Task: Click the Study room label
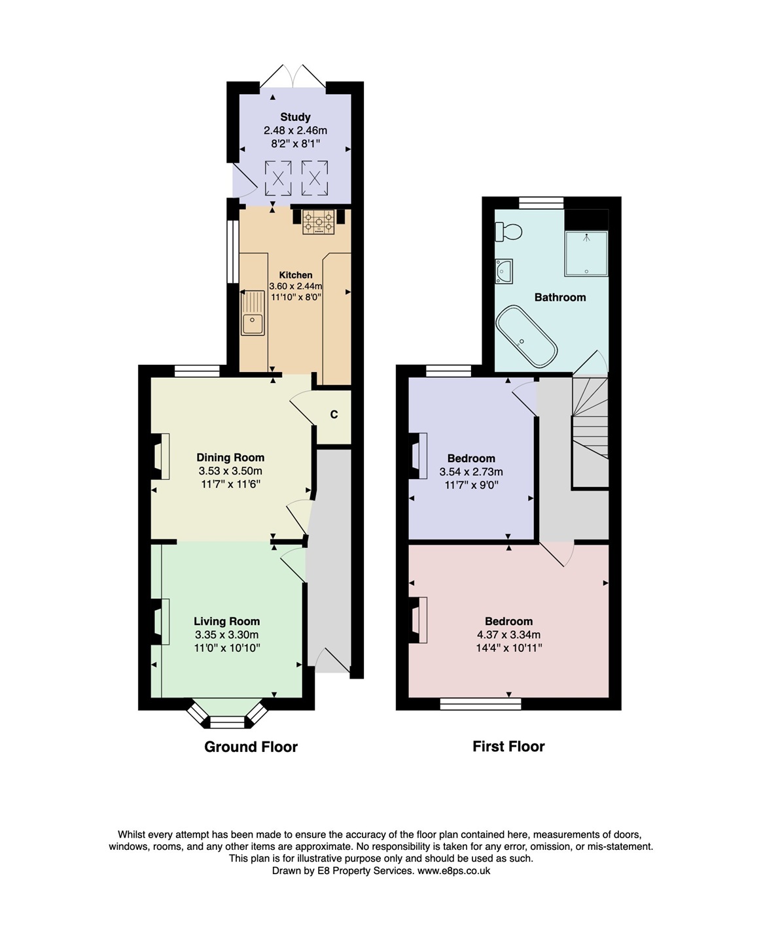(x=295, y=117)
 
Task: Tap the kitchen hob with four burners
(x=319, y=222)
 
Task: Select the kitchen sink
(x=253, y=313)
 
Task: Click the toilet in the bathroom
(x=508, y=231)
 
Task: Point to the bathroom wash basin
(x=503, y=271)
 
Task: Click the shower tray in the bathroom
(x=586, y=252)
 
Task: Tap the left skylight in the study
(x=278, y=178)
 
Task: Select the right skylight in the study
(x=315, y=178)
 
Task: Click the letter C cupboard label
(x=334, y=414)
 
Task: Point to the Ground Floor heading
(x=251, y=747)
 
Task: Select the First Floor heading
(x=508, y=746)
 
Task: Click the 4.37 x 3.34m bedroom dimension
(x=508, y=634)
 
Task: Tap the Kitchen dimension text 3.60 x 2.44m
(x=296, y=286)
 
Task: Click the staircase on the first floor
(x=590, y=431)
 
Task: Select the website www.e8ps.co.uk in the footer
(x=453, y=871)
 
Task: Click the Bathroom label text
(x=559, y=297)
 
